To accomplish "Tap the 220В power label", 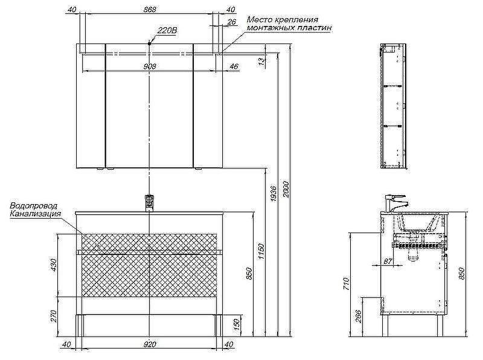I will [167, 30].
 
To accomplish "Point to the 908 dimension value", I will [150, 66].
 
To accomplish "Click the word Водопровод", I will [35, 207].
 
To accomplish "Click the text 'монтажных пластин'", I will [289, 28].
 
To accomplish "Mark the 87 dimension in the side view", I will [388, 262].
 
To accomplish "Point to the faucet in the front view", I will [149, 201].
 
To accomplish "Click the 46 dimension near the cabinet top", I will [234, 66].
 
